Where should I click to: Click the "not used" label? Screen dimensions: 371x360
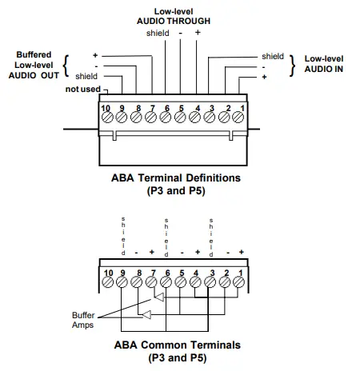coord(82,89)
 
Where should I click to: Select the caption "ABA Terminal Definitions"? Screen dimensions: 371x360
coord(175,177)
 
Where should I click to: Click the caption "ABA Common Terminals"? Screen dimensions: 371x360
coord(175,345)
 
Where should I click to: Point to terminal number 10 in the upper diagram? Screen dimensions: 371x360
coord(106,116)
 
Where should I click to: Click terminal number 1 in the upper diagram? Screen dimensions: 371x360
coord(241,116)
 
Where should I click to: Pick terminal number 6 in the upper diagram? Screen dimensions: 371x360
coord(166,116)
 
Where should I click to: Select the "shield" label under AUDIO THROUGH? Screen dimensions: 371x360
coord(158,34)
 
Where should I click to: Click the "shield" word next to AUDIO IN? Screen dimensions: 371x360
coord(272,56)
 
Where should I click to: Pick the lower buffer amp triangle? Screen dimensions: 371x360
coord(146,314)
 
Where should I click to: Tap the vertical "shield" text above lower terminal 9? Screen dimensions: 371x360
coord(122,234)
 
